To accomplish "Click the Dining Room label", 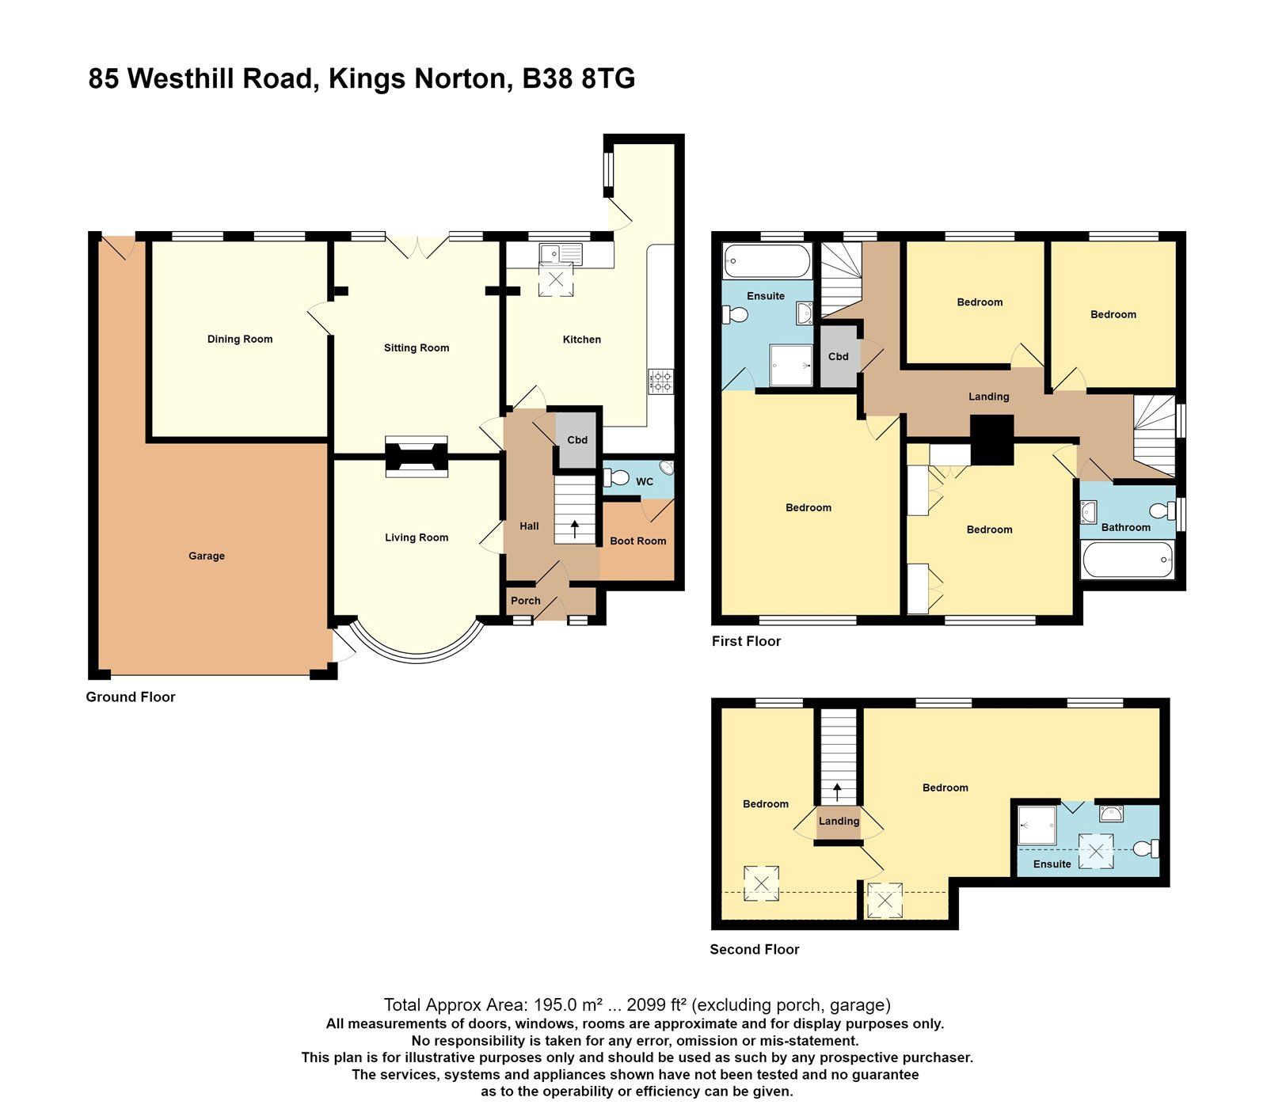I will [239, 339].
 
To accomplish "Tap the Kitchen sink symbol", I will [560, 254].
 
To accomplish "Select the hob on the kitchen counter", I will [660, 381].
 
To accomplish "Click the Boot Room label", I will [637, 541].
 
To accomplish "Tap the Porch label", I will [525, 601].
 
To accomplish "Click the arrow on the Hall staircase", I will [575, 529].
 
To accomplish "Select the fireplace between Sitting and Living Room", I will [417, 457].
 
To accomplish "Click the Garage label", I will [207, 556].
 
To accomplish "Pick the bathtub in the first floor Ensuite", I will [767, 260].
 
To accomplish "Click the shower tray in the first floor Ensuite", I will [791, 365].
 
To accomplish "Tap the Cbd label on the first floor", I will [838, 357].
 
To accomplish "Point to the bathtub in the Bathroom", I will [1127, 560].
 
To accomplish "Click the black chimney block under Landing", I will [991, 441].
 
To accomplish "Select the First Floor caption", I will [746, 641].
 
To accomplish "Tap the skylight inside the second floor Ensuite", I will [1096, 852].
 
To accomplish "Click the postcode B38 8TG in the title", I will [579, 79].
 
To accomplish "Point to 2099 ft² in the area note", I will [656, 1005].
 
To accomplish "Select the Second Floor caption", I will [754, 949].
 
